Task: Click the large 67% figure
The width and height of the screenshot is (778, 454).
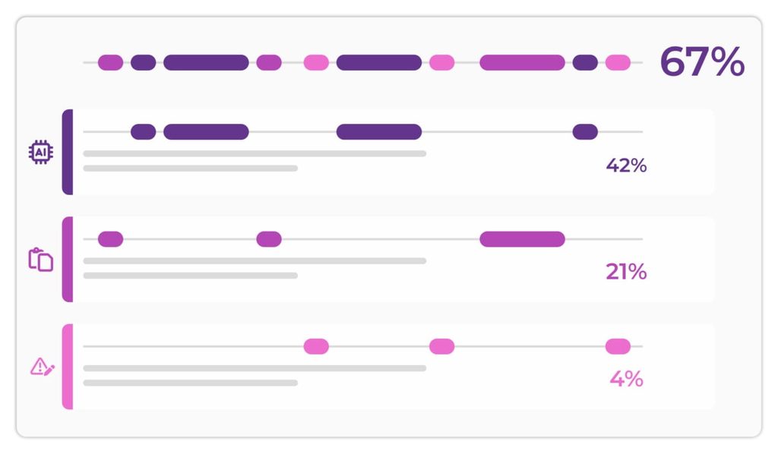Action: [x=702, y=61]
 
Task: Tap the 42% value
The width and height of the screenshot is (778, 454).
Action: [x=626, y=166]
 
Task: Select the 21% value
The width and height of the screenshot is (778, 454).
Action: [x=626, y=272]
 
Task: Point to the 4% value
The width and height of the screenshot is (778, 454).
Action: [x=627, y=379]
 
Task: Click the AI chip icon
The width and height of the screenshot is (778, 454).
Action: [x=41, y=152]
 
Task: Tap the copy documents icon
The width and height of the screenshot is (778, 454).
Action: [x=41, y=260]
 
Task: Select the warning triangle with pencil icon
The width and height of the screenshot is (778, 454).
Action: [x=43, y=367]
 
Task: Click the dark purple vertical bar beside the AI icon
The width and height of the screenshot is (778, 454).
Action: [x=68, y=152]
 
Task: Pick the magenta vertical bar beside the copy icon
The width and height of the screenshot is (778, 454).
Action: [x=68, y=259]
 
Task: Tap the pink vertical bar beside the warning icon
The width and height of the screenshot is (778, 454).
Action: [x=68, y=367]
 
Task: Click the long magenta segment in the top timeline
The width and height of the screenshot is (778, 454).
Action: [x=522, y=62]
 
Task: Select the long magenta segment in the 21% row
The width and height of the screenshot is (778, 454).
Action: [x=522, y=239]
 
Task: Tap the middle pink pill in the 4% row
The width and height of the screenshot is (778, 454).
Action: [x=441, y=346]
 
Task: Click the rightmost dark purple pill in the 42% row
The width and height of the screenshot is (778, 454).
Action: [x=585, y=132]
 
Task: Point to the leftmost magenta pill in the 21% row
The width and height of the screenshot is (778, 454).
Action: [x=111, y=239]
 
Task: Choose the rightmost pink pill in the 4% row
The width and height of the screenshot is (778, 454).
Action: [x=618, y=346]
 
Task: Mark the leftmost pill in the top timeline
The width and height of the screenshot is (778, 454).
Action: [x=111, y=62]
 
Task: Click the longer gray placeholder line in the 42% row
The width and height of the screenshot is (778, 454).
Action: [x=255, y=153]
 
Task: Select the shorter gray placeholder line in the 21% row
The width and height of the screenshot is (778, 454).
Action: [x=191, y=276]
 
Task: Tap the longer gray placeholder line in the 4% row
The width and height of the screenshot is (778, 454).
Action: [x=255, y=368]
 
